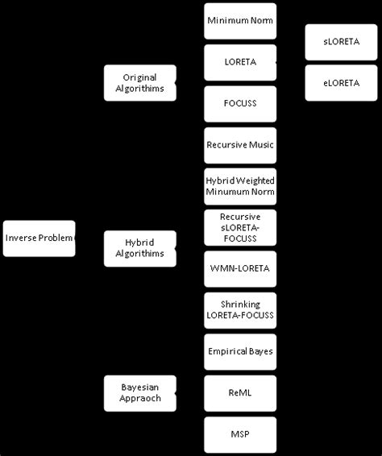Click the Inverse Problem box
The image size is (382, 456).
(x=39, y=238)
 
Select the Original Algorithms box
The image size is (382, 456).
(x=139, y=83)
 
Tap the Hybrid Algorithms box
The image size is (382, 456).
(x=139, y=248)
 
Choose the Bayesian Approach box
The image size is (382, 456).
(x=139, y=393)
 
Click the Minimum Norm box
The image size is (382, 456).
(x=240, y=21)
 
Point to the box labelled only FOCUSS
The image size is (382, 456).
(x=240, y=103)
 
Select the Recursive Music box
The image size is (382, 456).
(x=240, y=145)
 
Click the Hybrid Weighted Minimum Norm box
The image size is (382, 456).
(x=240, y=186)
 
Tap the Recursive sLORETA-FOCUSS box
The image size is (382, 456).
(x=240, y=228)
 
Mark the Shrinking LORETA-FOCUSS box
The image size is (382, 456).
(x=240, y=310)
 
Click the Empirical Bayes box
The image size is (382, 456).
(x=240, y=352)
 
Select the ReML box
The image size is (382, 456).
(x=240, y=393)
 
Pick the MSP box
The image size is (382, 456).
(x=240, y=434)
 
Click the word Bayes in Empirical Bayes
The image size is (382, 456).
(x=260, y=352)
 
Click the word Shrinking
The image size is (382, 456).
(x=240, y=305)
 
